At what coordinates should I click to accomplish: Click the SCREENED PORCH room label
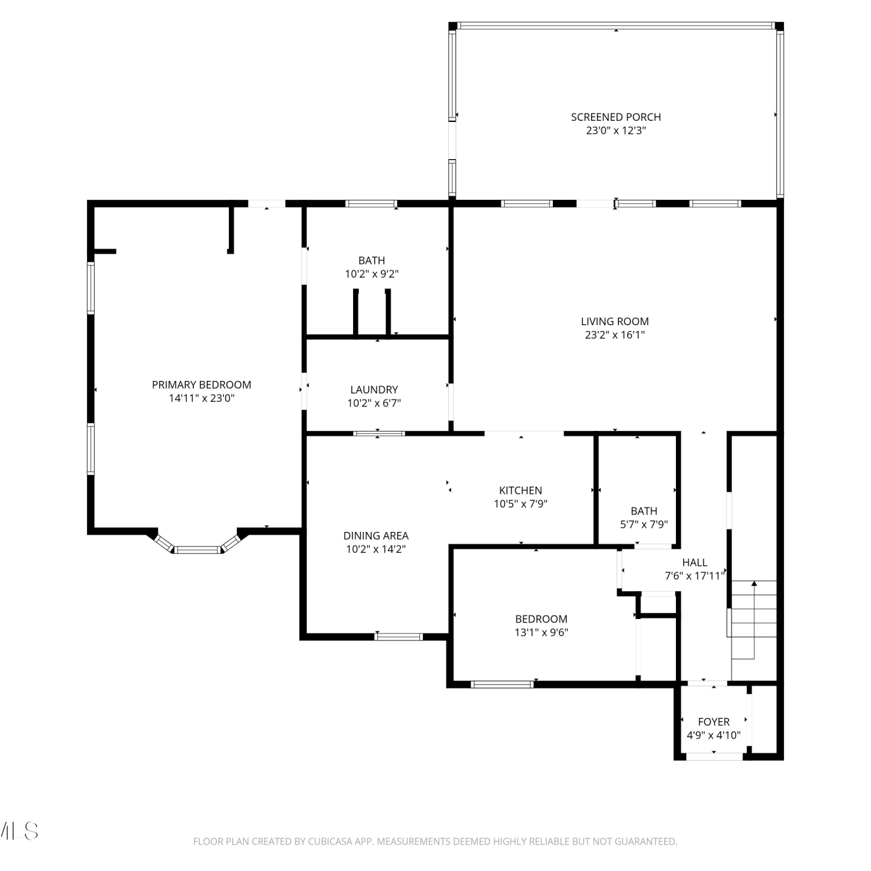tap(616, 117)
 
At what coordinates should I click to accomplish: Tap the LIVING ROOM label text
tap(615, 321)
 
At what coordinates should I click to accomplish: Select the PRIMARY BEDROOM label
tap(201, 384)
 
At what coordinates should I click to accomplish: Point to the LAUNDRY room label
tap(374, 390)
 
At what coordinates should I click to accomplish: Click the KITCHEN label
tap(521, 491)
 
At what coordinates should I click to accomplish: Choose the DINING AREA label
tap(376, 535)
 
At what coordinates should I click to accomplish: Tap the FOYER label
tap(714, 722)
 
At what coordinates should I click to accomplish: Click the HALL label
tap(694, 563)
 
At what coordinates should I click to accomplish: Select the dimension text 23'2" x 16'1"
tap(615, 335)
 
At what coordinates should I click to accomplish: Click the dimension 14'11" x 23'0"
tap(201, 398)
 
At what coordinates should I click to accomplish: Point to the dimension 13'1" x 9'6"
tap(541, 633)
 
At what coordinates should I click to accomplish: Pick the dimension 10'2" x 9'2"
tap(372, 274)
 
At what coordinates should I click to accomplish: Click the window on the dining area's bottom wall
tap(398, 637)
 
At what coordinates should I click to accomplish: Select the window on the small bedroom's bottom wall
tap(502, 685)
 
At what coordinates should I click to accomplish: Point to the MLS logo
tap(19, 831)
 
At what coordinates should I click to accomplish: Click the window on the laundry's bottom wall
tap(379, 433)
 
